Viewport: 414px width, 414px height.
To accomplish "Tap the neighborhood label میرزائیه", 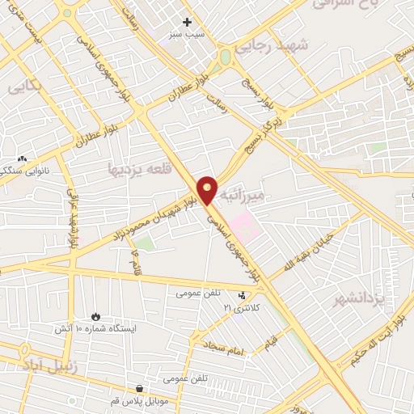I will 252,196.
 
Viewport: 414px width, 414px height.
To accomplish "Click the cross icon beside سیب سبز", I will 188,22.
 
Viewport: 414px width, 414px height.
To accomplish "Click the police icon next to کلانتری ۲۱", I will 243,294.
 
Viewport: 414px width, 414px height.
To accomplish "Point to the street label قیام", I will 269,342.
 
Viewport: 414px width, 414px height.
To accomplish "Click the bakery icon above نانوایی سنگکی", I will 22,160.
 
